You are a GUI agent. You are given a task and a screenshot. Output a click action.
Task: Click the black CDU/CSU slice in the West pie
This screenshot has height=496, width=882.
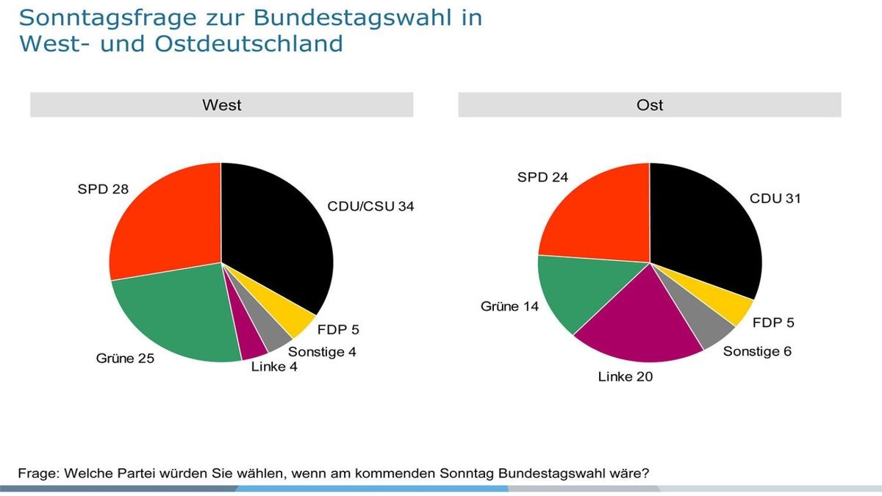(276, 235)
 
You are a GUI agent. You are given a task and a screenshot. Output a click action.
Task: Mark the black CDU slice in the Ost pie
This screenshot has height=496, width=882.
(702, 228)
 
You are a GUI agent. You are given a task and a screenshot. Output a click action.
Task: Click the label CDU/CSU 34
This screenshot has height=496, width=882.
(370, 206)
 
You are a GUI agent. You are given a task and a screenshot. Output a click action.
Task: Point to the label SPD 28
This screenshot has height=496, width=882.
(103, 190)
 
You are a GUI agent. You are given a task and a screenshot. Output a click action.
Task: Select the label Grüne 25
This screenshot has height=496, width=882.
(125, 359)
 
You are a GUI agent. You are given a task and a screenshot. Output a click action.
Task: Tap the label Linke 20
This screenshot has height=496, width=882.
(625, 377)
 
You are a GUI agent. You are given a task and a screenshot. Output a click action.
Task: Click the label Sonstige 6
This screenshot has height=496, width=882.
(757, 351)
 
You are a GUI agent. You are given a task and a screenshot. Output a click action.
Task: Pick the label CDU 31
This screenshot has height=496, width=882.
(775, 198)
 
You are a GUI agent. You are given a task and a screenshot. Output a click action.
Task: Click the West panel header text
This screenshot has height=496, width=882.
(221, 105)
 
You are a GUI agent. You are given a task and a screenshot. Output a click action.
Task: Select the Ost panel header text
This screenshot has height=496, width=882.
(650, 105)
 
